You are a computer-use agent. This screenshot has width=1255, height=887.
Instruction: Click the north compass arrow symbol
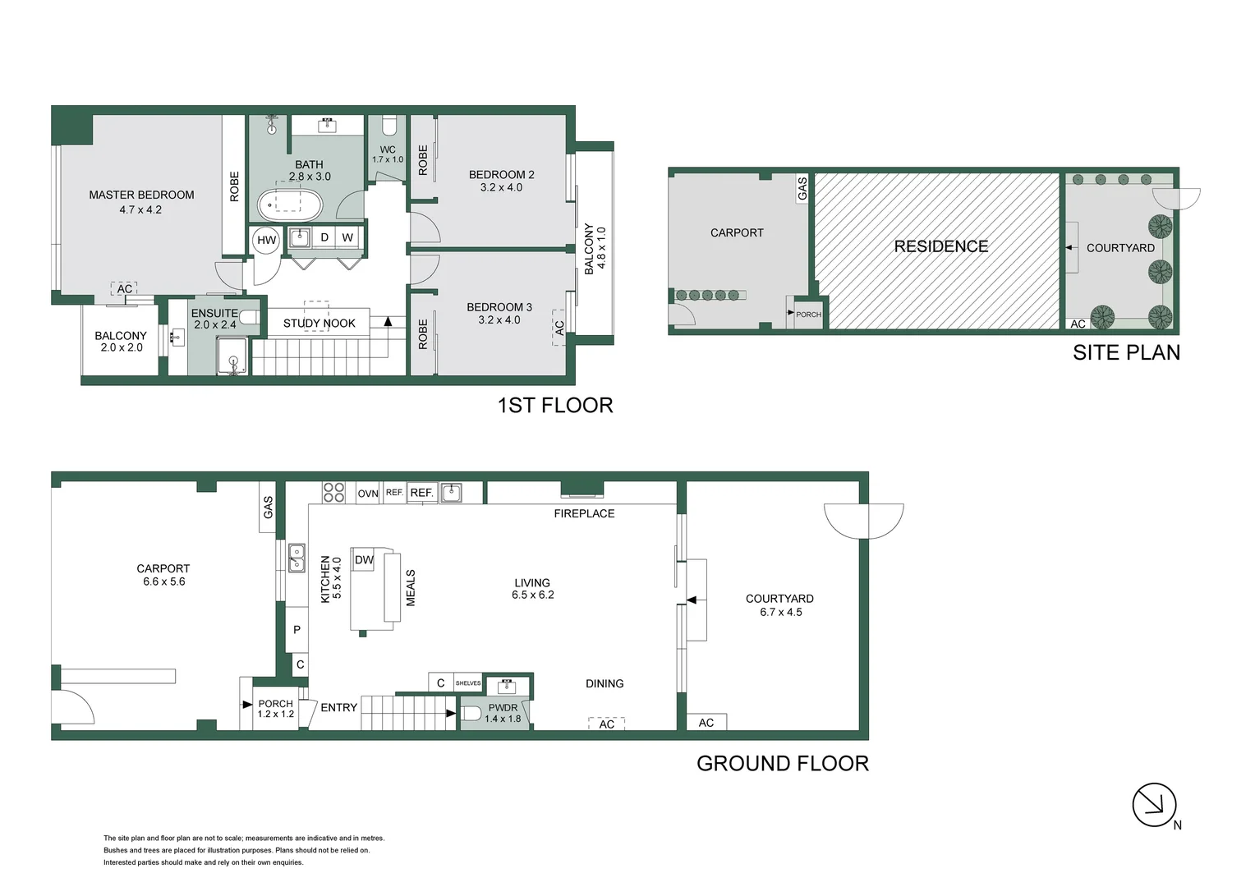[1154, 805]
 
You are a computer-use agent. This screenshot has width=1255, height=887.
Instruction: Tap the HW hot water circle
[266, 241]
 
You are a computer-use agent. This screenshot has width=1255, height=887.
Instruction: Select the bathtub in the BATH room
[290, 205]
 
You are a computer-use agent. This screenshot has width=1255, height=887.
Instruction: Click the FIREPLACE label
[584, 513]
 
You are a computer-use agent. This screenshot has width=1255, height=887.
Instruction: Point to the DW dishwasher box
[364, 559]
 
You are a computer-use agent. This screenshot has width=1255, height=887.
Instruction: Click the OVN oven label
[367, 494]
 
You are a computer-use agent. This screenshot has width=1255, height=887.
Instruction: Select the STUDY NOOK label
[319, 324]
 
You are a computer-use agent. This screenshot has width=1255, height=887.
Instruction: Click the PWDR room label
[503, 708]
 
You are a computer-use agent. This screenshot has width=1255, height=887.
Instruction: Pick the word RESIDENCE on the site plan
[940, 246]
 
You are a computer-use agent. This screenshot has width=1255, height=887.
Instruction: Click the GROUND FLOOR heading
[782, 763]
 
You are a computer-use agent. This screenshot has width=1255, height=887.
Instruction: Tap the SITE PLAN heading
[1126, 352]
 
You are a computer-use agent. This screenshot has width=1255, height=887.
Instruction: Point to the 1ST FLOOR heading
[555, 405]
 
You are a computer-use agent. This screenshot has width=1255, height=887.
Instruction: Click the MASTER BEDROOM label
[141, 195]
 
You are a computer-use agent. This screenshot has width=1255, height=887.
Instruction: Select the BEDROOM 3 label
[499, 307]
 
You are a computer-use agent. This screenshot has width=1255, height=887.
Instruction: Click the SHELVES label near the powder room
[468, 683]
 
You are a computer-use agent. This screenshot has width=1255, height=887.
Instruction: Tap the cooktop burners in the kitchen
[333, 493]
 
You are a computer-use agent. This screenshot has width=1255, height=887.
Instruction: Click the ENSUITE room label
[214, 313]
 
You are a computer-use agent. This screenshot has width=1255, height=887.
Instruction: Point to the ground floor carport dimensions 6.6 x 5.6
[163, 581]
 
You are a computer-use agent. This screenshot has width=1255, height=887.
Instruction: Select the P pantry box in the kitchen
[297, 630]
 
